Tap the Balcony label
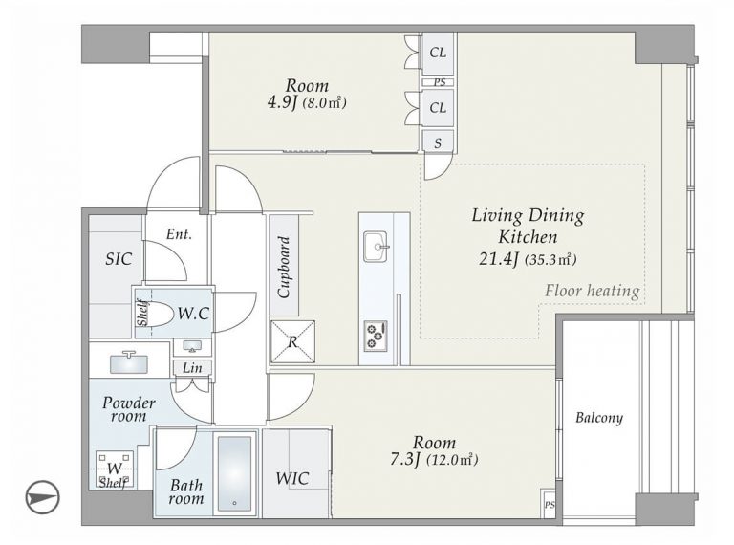tap(599, 418)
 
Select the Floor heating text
tap(593, 291)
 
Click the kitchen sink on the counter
tap(376, 247)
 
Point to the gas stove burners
tap(376, 336)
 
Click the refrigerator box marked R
tap(292, 341)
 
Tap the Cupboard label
tap(284, 267)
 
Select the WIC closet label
tap(292, 478)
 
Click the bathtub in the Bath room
tap(234, 473)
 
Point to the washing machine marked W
tap(115, 469)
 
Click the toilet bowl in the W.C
tap(158, 314)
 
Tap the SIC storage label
tap(119, 259)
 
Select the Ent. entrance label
tap(179, 234)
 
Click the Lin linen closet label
tap(192, 367)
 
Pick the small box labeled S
tap(438, 142)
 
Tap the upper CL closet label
tap(438, 53)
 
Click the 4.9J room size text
tap(282, 103)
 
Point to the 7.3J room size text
tap(405, 460)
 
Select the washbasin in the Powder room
tap(129, 362)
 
